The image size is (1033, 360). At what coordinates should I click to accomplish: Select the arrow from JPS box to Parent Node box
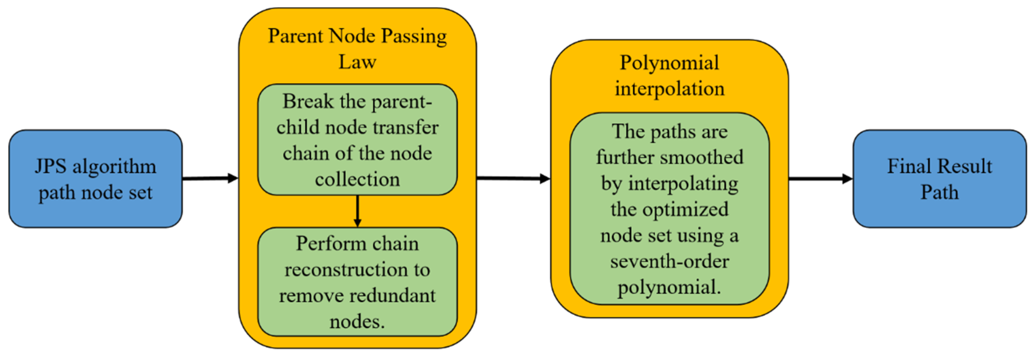[210, 178]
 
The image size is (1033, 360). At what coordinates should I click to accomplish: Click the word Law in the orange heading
[357, 62]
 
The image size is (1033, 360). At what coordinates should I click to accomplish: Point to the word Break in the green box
[308, 101]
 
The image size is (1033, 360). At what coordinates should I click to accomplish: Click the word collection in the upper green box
[357, 179]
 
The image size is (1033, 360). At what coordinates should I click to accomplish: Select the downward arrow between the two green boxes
[357, 212]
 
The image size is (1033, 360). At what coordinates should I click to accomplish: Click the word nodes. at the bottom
[357, 321]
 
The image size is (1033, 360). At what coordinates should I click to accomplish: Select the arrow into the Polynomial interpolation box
[513, 178]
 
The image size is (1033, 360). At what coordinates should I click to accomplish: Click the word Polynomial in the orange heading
[669, 63]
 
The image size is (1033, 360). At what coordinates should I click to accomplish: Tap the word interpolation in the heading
[670, 89]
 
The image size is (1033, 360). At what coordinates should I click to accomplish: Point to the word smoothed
[704, 157]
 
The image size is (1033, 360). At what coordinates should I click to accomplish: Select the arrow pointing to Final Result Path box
[820, 179]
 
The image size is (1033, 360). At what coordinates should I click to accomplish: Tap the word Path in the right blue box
[939, 192]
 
